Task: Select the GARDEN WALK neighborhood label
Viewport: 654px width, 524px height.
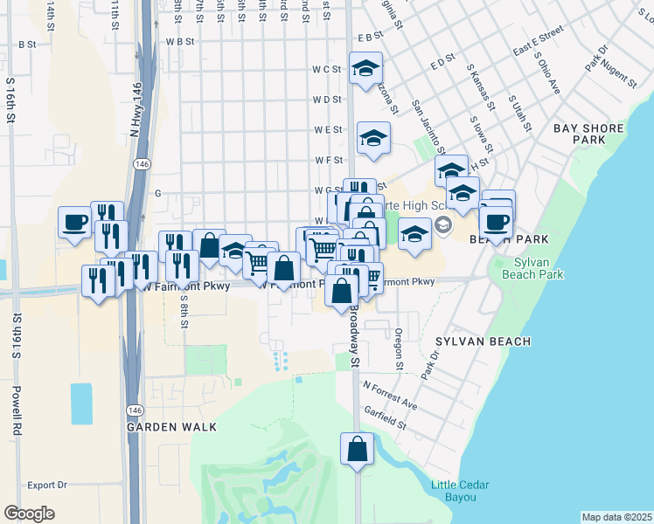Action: (x=170, y=428)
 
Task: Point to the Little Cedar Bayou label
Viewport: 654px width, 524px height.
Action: (x=459, y=491)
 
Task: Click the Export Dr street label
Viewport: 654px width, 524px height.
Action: (x=47, y=485)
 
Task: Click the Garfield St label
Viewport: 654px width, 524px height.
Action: (x=386, y=418)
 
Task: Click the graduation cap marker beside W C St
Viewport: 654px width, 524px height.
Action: (x=365, y=67)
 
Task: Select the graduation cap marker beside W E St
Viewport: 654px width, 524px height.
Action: (x=373, y=137)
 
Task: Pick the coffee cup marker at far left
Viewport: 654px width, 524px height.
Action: (x=74, y=220)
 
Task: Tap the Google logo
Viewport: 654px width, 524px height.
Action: (x=30, y=514)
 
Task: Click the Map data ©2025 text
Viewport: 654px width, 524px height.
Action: (x=616, y=517)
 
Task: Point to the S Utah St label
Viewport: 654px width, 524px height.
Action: (x=521, y=114)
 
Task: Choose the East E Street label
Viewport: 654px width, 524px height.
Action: (x=538, y=44)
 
